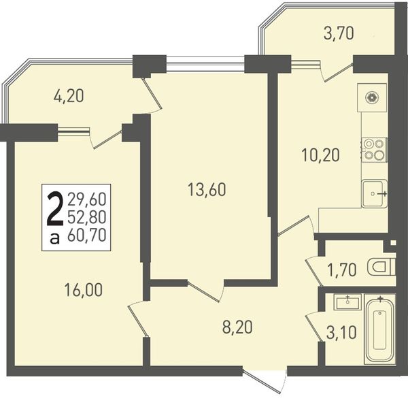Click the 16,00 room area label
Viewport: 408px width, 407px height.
84,290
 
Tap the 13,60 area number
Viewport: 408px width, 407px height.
207,190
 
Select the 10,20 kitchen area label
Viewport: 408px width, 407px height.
321,155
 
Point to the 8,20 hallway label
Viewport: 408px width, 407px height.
237,327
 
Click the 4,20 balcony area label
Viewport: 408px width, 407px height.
69,96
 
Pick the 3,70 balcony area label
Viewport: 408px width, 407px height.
339,34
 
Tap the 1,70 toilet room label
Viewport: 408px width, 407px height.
342,270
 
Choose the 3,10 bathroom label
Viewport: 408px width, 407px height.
341,333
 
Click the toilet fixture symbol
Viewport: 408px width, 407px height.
381,267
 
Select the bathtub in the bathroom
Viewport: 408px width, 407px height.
380,329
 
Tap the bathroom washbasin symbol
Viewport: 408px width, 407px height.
348,302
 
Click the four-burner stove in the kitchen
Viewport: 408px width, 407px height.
374,149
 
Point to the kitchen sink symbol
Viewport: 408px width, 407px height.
375,193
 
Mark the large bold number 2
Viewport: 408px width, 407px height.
55,209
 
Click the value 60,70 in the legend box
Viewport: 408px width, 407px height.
87,236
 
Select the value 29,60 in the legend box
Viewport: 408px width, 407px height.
87,200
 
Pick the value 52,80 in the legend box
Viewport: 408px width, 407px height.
87,218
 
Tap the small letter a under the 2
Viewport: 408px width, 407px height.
55,238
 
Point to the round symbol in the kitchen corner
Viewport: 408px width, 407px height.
371,97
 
